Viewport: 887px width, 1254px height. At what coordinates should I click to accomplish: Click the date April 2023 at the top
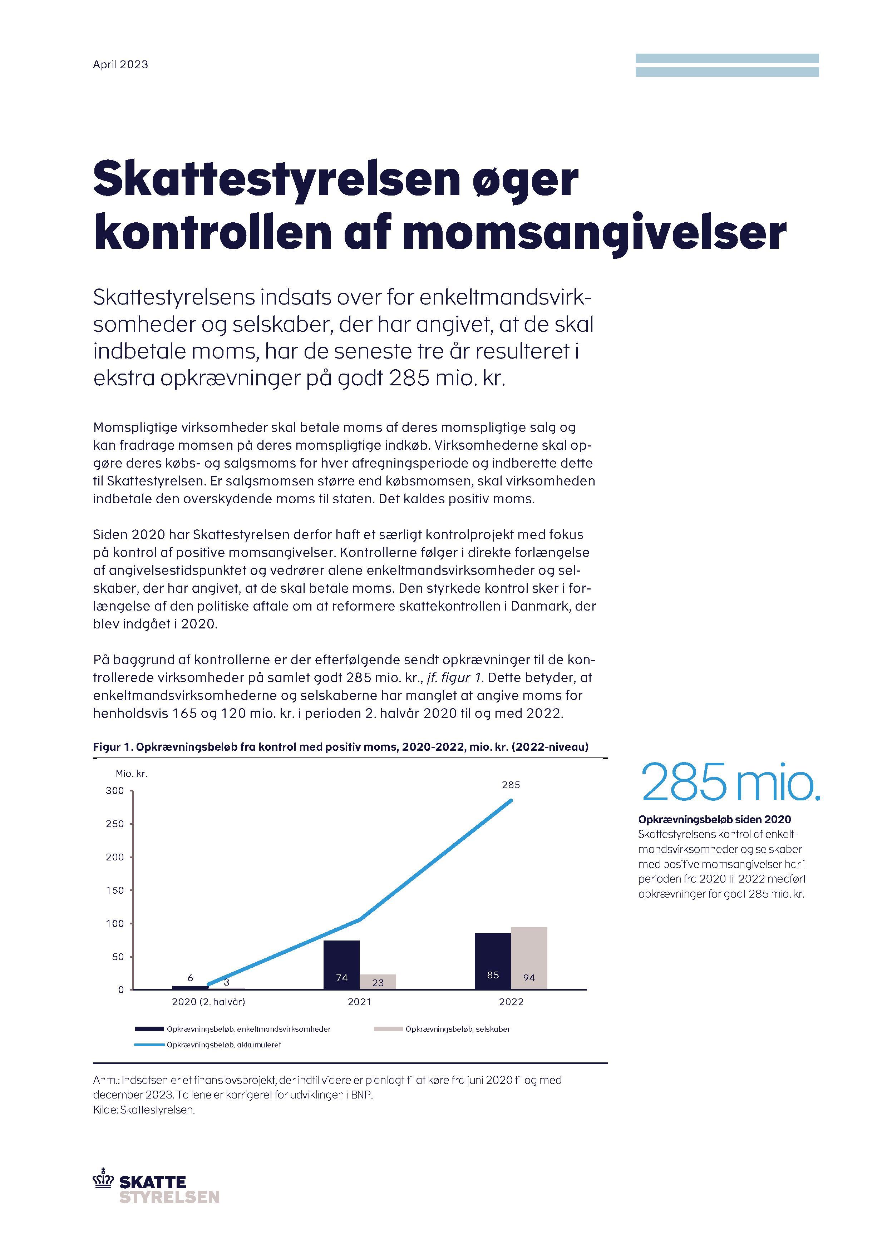(x=120, y=64)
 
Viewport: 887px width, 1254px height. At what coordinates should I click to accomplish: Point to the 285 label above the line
(x=511, y=785)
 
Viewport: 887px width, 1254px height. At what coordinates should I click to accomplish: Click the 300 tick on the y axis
(x=115, y=791)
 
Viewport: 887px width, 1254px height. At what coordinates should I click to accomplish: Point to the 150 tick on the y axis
(x=115, y=890)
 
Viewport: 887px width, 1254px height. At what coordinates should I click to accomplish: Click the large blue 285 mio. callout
(x=730, y=782)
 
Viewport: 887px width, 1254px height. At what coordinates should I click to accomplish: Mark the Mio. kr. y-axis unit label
(x=132, y=773)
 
